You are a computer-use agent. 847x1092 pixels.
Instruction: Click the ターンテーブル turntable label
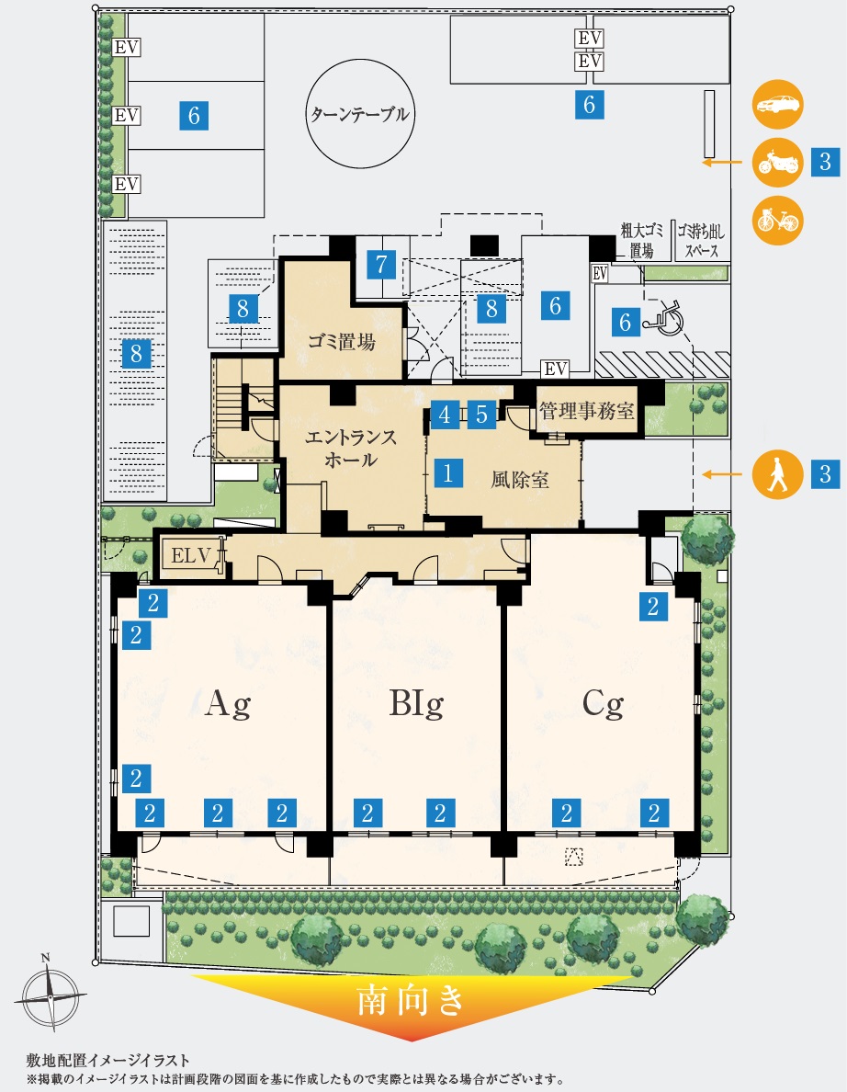pyautogui.click(x=360, y=113)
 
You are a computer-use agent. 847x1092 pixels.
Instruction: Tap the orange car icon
pyautogui.click(x=778, y=105)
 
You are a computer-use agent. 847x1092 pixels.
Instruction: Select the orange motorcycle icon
pyautogui.click(x=778, y=163)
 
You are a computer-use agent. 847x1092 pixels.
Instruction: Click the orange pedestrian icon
pyautogui.click(x=778, y=474)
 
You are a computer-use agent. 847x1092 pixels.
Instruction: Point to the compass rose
pyautogui.click(x=51, y=995)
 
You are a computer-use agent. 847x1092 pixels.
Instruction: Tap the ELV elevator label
pyautogui.click(x=191, y=556)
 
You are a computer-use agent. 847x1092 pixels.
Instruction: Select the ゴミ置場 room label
pyautogui.click(x=342, y=341)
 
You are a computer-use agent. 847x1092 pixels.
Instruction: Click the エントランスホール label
pyautogui.click(x=351, y=448)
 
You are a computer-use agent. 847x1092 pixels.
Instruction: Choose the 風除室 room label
pyautogui.click(x=520, y=479)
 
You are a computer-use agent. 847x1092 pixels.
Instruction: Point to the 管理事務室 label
pyautogui.click(x=586, y=410)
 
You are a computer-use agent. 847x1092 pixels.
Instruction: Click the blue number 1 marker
pyautogui.click(x=448, y=472)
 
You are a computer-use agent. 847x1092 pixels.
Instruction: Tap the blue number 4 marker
pyautogui.click(x=445, y=415)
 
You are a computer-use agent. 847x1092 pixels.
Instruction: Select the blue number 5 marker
pyautogui.click(x=481, y=415)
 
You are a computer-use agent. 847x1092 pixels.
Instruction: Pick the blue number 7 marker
pyautogui.click(x=381, y=264)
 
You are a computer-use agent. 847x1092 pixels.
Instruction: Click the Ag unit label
pyautogui.click(x=228, y=705)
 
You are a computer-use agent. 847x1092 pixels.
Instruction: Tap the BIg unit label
pyautogui.click(x=416, y=704)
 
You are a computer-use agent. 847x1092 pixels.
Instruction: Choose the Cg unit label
pyautogui.click(x=603, y=704)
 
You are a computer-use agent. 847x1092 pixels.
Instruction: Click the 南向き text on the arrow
pyautogui.click(x=411, y=1002)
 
